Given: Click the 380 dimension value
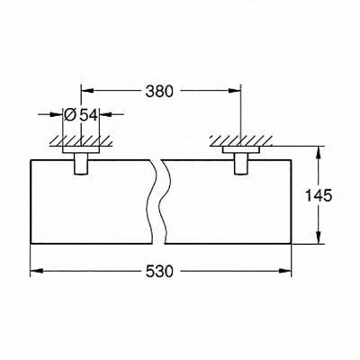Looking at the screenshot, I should click(x=160, y=91).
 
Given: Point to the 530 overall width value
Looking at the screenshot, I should click(x=160, y=272).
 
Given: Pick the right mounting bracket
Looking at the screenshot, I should click(x=240, y=161).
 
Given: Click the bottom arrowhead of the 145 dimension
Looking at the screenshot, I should click(x=316, y=240).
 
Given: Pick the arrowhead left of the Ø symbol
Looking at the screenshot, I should click(x=64, y=114).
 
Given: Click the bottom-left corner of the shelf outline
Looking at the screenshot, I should click(x=31, y=246).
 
